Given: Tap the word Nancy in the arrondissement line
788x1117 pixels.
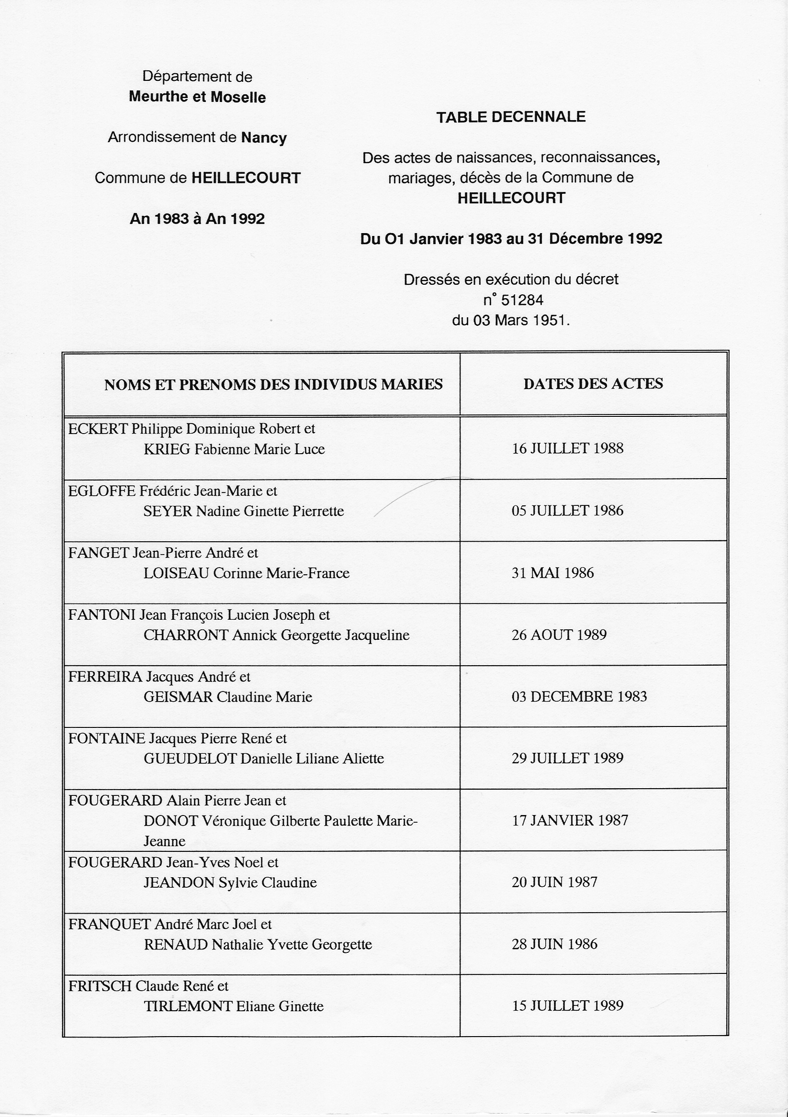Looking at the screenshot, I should tap(264, 138).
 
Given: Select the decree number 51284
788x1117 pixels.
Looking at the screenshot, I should tap(522, 300).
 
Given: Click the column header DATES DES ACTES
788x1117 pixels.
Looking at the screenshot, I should tap(593, 384).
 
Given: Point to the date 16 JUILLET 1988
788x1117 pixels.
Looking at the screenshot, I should tap(567, 448).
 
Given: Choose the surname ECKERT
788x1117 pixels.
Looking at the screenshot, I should tap(98, 429).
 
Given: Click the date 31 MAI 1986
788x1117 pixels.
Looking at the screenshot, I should tap(552, 572).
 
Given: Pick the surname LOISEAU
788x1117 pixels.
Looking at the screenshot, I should tap(176, 573).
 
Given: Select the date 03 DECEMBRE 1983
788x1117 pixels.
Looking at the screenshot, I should tap(579, 697).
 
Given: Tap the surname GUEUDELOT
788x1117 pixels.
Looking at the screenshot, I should tap(190, 759).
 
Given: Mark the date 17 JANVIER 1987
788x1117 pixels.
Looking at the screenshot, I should tap(570, 821).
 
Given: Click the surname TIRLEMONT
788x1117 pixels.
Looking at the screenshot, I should tap(188, 1006).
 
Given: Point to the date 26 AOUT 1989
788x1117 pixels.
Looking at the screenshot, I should tap(559, 635).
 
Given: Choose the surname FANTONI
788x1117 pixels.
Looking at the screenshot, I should tap(101, 615).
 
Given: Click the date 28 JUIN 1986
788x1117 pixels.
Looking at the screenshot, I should tap(554, 944).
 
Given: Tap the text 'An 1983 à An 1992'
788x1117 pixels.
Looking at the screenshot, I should tap(197, 219).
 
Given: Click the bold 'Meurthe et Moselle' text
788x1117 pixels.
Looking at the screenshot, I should tap(197, 97).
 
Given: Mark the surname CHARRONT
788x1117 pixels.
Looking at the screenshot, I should tap(186, 635).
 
